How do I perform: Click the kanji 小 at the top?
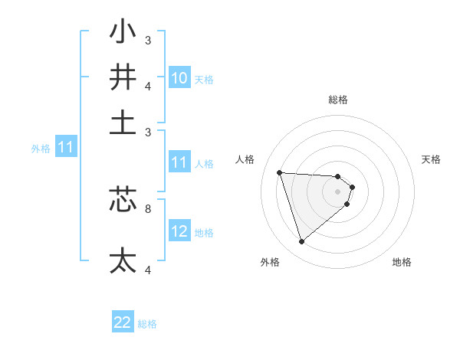(x=123, y=33)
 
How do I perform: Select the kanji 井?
(x=123, y=77)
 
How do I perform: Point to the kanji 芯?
(x=123, y=200)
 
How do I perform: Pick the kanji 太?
(x=123, y=260)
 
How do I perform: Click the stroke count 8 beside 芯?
(x=148, y=208)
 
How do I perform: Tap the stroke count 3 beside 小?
(x=148, y=40)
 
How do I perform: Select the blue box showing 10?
(x=179, y=78)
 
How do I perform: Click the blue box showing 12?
(x=179, y=231)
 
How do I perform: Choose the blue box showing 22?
(x=123, y=323)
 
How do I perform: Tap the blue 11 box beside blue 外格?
(x=65, y=148)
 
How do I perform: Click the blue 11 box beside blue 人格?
(x=179, y=162)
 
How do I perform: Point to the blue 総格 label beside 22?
(x=147, y=324)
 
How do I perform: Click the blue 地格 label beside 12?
(x=204, y=232)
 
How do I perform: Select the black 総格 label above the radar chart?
(x=338, y=100)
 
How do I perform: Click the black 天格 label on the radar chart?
(x=432, y=159)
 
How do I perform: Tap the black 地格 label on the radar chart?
(x=402, y=262)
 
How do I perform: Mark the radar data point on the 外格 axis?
(x=301, y=242)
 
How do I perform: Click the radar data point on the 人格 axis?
(x=279, y=172)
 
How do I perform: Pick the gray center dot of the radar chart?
(x=338, y=191)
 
